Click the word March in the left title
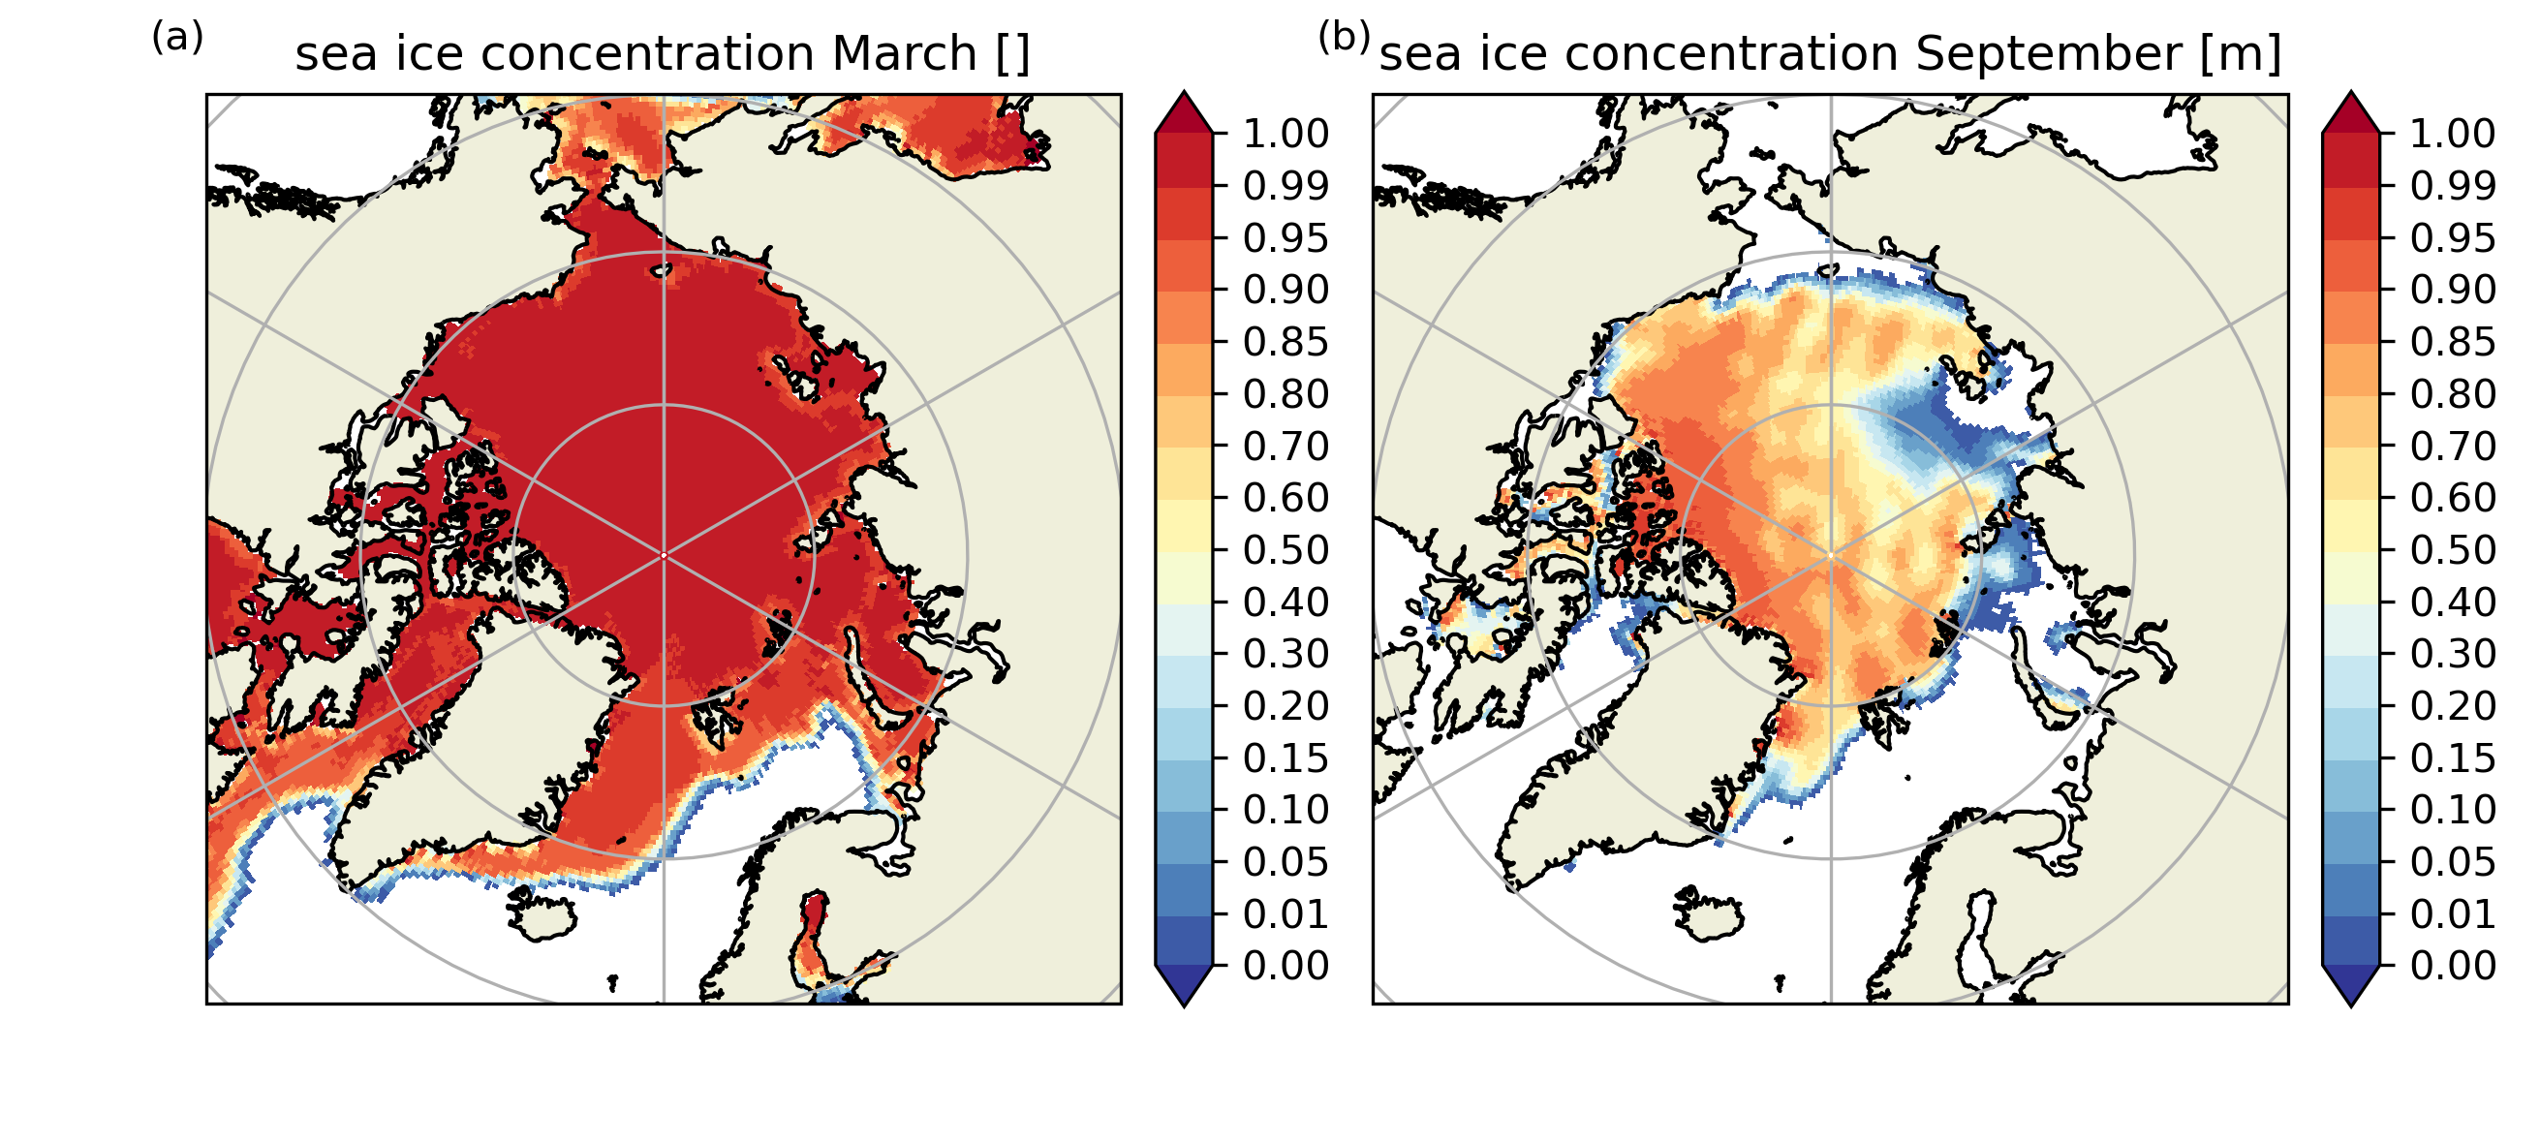tap(904, 53)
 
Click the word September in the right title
tap(2048, 53)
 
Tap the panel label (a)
tap(177, 38)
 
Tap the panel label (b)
tap(1344, 38)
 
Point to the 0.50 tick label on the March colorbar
tap(1285, 549)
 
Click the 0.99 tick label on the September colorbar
tap(2452, 185)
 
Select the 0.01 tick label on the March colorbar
tap(1285, 914)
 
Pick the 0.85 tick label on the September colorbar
tap(2452, 342)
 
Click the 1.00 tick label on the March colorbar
tap(1285, 133)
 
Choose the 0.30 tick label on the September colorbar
tap(2452, 654)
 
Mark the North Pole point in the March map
tap(664, 556)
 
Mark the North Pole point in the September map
tap(1831, 556)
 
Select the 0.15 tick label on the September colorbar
tap(2452, 758)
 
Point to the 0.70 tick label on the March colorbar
tap(1285, 446)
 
